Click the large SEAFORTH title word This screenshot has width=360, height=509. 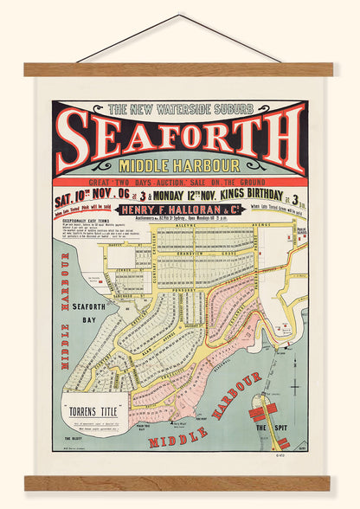coord(179,139)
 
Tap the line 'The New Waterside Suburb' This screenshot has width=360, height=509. coord(181,109)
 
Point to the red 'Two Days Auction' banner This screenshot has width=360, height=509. coord(180,183)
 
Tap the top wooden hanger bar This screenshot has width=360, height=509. coord(179,69)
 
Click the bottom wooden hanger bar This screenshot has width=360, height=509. coord(179,483)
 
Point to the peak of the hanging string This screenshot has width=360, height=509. coord(179,16)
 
